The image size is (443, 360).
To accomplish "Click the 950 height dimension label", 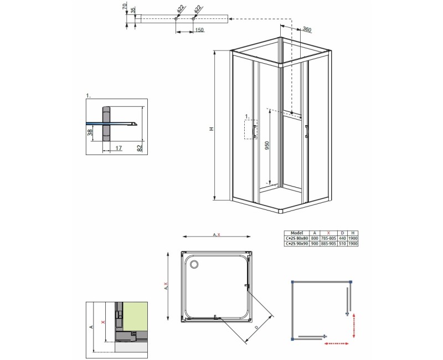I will tap(266, 146).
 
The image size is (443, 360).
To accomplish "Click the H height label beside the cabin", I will tap(211, 129).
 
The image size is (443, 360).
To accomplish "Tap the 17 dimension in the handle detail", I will tap(119, 147).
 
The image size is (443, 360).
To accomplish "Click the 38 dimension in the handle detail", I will tap(90, 133).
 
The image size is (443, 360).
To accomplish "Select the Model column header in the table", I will tap(296, 233).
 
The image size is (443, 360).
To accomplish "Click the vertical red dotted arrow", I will tap(354, 325).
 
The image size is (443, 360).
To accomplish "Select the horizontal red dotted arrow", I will tap(336, 344).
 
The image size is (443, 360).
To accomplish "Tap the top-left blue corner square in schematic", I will tap(291, 282).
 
